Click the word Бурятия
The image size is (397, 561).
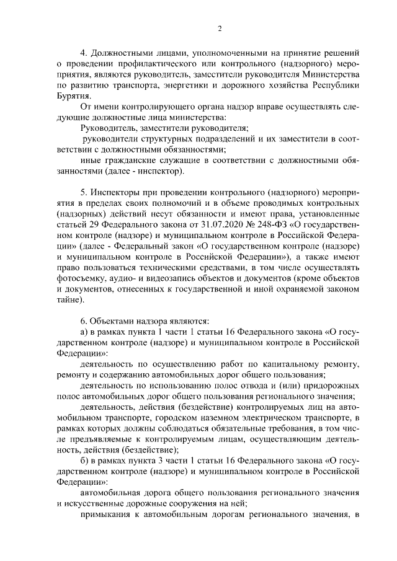pos(73,96)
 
